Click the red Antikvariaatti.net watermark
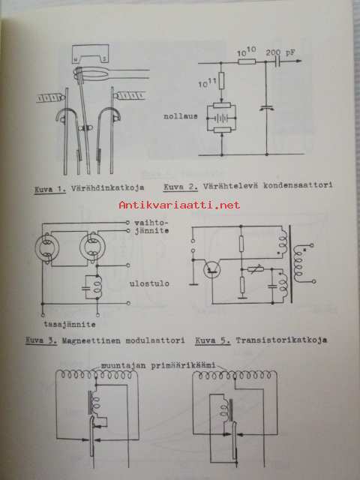point(179,205)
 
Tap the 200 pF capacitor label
point(280,52)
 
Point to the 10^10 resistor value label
point(247,52)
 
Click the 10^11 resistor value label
point(208,82)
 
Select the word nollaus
point(181,116)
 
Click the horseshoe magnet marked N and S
point(90,53)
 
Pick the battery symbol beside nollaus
point(221,118)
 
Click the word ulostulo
point(149,283)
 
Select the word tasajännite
point(69,325)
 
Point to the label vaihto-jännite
point(151,226)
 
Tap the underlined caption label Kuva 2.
point(181,187)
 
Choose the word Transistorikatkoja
point(281,340)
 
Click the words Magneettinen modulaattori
point(123,340)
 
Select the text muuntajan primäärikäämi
point(158,365)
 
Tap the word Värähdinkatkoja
point(107,188)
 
